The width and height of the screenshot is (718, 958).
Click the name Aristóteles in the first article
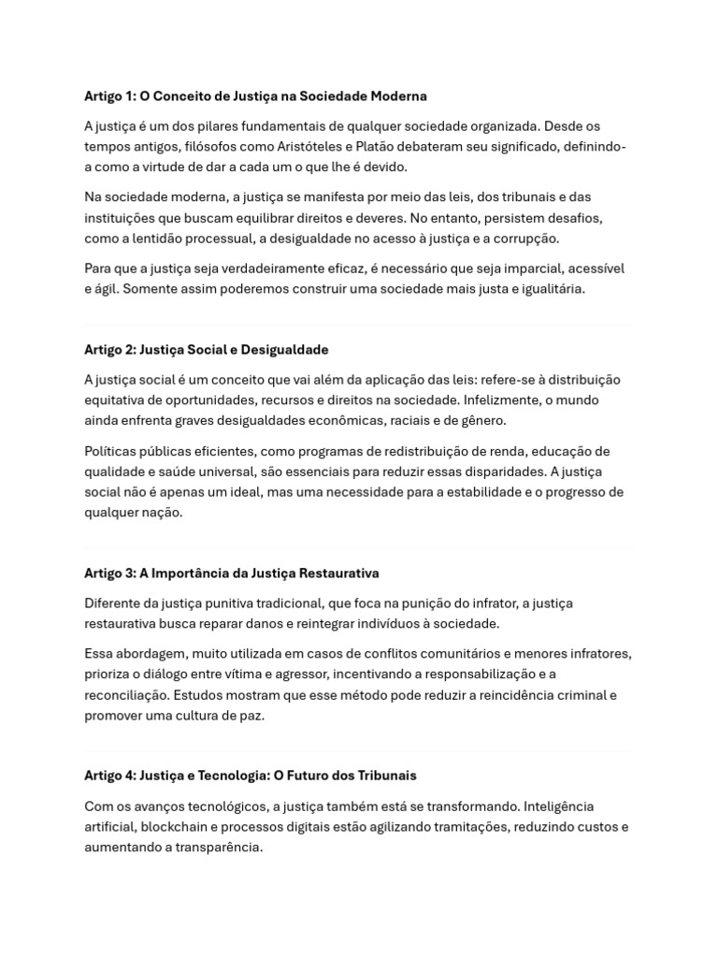tap(312, 146)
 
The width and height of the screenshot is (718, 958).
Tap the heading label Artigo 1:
tap(109, 96)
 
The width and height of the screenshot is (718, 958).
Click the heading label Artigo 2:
tap(109, 350)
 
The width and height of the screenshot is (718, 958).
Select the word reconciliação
tap(127, 695)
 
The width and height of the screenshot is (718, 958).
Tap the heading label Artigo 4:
tap(109, 776)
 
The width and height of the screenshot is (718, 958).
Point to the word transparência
tap(218, 848)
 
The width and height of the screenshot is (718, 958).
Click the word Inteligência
tap(558, 806)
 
